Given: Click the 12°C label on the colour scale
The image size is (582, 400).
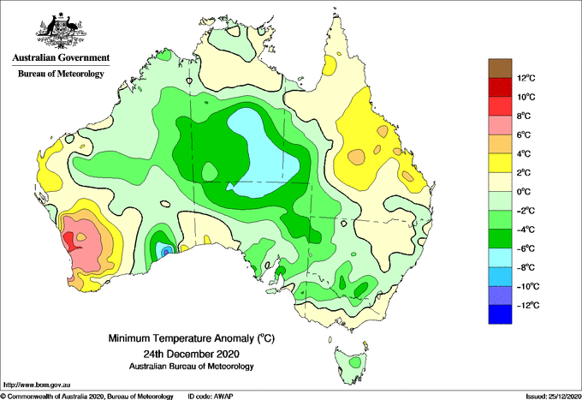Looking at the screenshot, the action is click(x=526, y=78).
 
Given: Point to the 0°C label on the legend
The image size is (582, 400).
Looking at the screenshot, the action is click(x=524, y=192).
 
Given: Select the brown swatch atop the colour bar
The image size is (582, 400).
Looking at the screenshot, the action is click(x=500, y=69).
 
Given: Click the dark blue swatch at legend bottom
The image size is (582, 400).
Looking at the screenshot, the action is click(x=500, y=314).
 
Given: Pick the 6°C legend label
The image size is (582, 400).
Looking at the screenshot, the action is click(x=524, y=135).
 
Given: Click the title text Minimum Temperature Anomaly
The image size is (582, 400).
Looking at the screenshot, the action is click(x=181, y=338).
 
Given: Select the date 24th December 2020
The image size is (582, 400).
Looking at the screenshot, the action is click(x=192, y=354).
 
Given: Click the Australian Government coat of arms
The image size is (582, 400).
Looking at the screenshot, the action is click(x=62, y=31).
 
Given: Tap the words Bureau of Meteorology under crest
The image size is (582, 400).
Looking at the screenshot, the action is click(x=61, y=74).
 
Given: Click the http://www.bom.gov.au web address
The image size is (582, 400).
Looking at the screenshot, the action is click(x=37, y=385).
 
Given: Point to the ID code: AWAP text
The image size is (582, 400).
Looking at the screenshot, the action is click(x=211, y=397).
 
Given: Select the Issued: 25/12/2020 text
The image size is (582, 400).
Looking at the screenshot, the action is click(x=553, y=397).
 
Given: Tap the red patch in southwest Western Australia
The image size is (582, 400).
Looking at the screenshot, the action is click(x=70, y=242).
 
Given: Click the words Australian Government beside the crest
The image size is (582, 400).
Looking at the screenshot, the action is click(x=61, y=57).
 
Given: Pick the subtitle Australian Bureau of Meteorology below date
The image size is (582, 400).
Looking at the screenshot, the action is click(x=192, y=367).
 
